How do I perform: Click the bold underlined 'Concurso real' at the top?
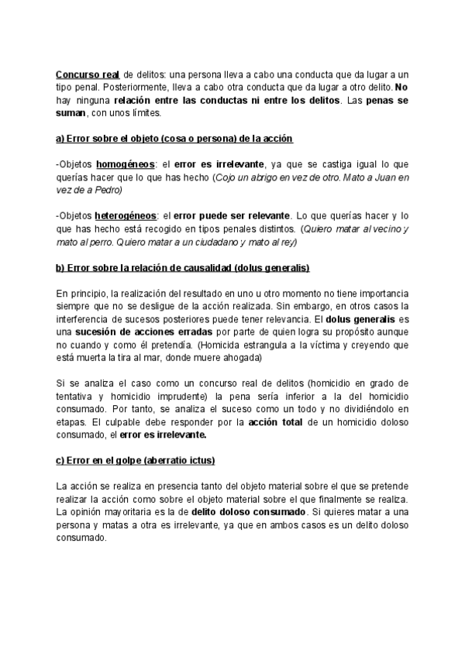tap(87, 74)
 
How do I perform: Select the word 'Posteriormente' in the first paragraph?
tap(126, 87)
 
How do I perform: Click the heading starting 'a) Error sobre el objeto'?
tap(174, 138)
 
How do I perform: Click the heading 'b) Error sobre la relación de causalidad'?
tap(182, 267)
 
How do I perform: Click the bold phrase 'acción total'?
tap(275, 422)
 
